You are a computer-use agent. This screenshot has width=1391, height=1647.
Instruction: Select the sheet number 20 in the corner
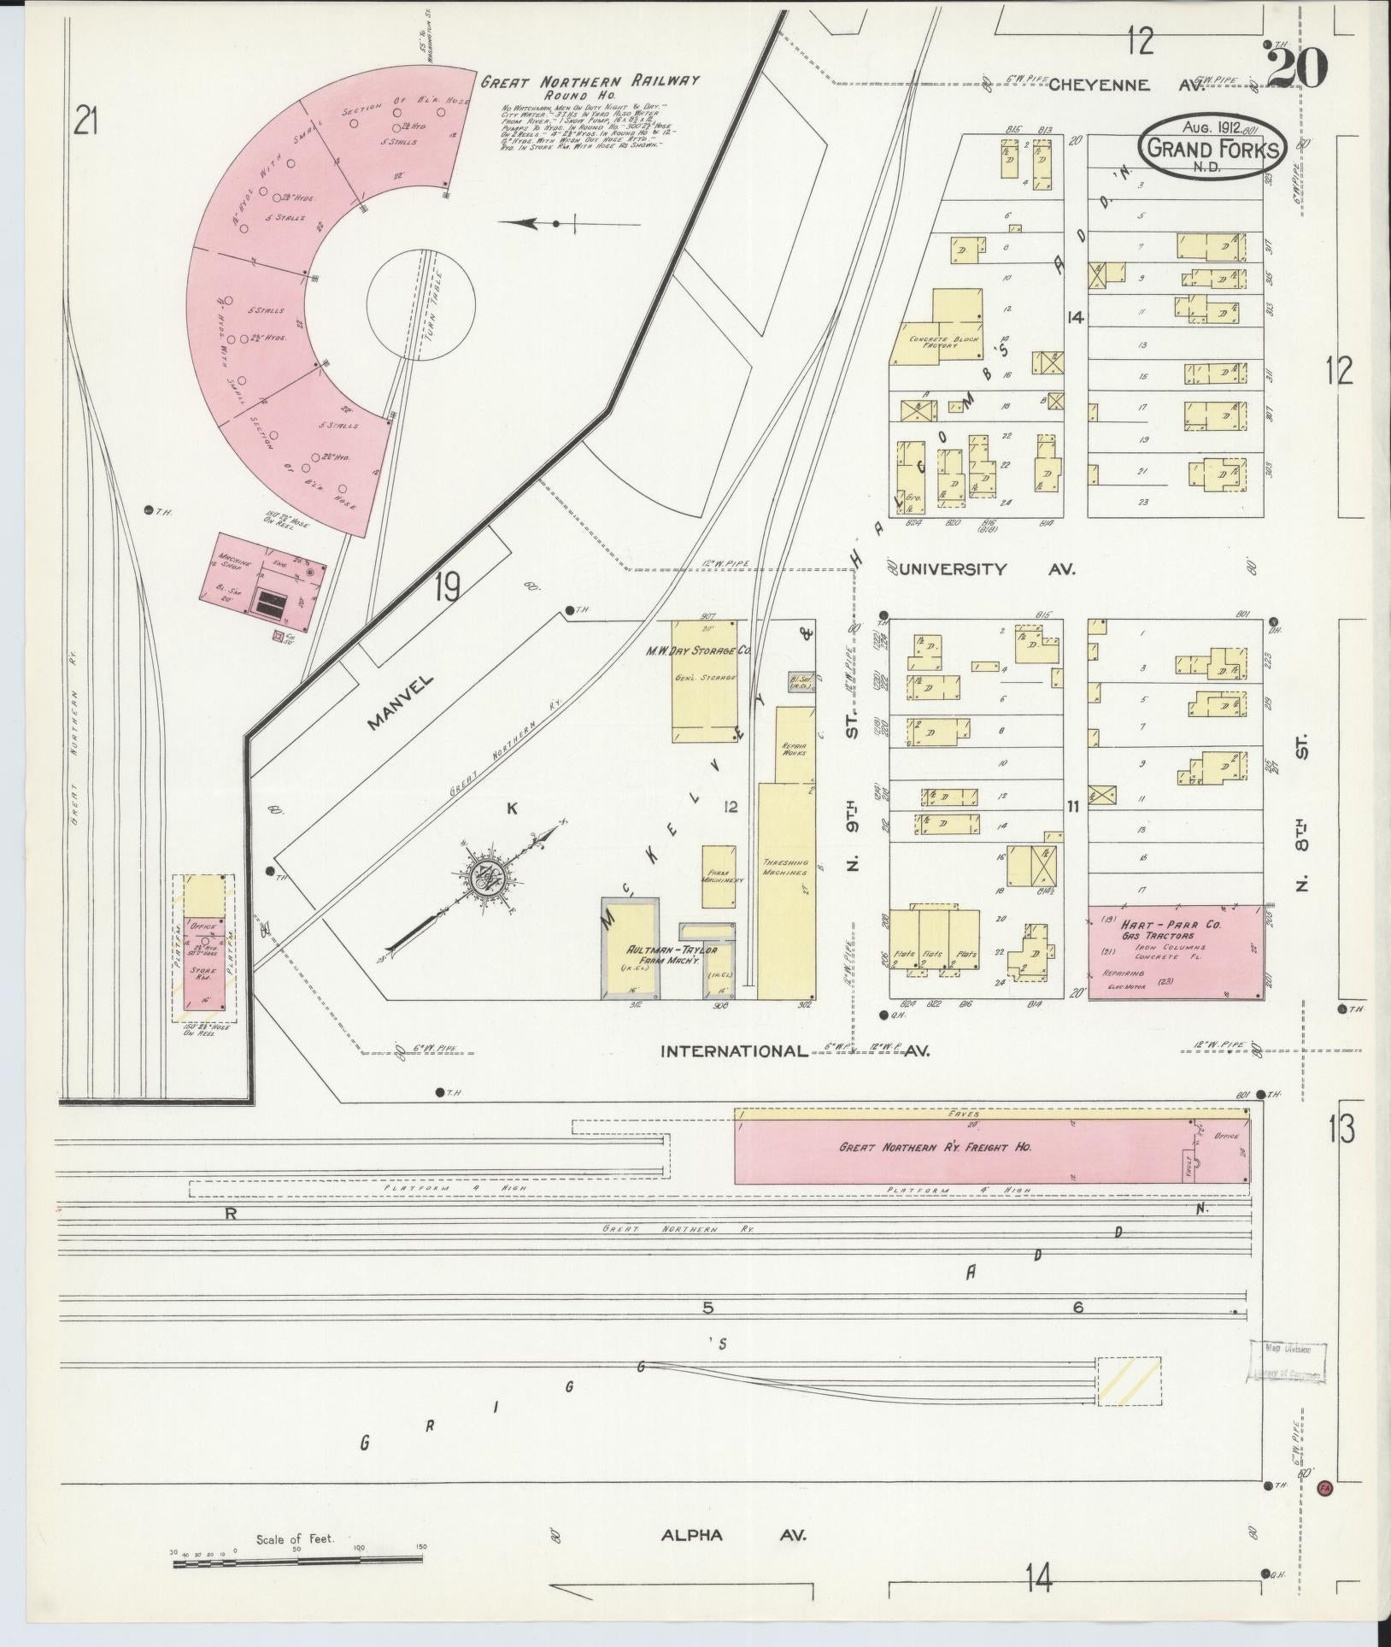[1296, 68]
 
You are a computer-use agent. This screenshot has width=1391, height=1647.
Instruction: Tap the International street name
[734, 1051]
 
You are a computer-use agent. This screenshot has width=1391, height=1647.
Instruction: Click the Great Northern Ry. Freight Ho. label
[935, 1147]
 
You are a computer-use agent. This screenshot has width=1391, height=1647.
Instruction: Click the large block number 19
[447, 588]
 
